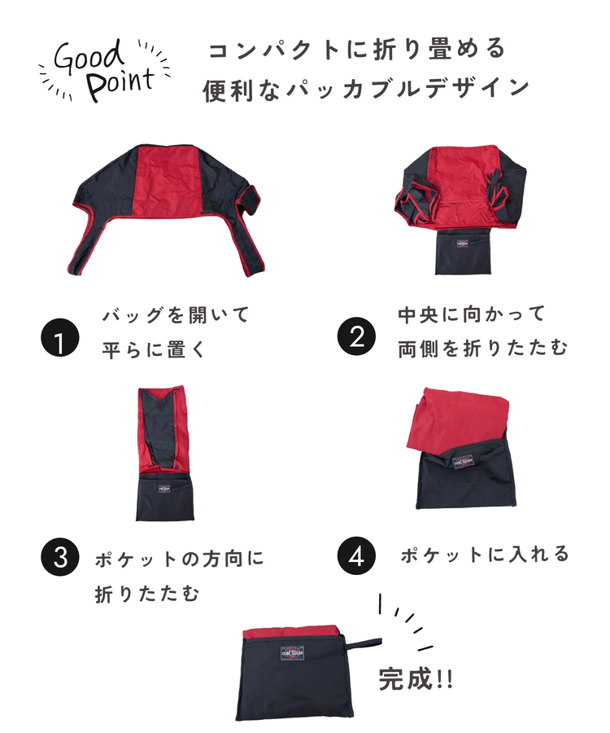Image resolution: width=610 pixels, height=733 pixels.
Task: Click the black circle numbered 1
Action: [59, 337]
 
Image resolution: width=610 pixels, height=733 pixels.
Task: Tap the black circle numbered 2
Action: [356, 336]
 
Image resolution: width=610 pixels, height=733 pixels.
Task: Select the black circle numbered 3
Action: [59, 556]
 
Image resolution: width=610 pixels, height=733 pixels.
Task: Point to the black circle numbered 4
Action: [356, 555]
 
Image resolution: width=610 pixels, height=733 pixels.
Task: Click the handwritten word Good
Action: [89, 58]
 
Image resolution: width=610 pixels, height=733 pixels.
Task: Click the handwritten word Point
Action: [120, 84]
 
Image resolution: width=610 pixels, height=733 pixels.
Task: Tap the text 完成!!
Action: [416, 678]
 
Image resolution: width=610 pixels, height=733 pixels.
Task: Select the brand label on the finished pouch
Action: [292, 652]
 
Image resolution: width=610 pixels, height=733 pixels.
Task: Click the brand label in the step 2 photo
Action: [462, 244]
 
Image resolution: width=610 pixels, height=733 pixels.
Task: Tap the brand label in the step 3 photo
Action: [163, 489]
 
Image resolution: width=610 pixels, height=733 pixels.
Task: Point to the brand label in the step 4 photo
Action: [464, 461]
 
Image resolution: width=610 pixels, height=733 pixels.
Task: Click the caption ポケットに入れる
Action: [485, 555]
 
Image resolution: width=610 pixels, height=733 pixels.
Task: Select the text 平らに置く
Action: [154, 349]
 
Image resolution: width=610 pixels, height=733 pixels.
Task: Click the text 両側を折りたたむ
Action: [483, 349]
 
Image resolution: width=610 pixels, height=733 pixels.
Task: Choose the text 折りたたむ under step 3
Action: [147, 594]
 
